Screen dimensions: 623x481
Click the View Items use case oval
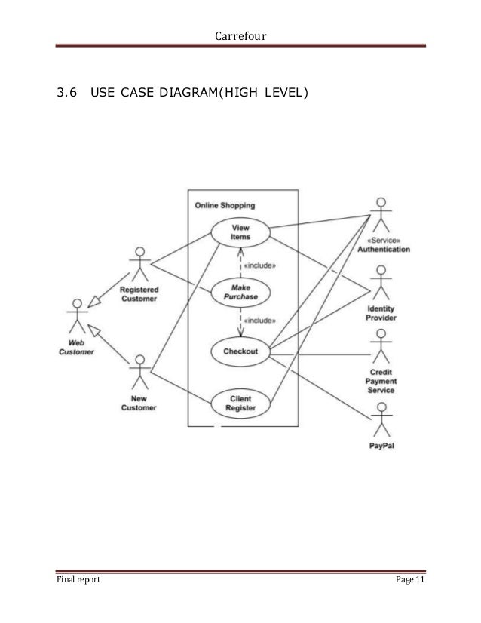pyautogui.click(x=240, y=232)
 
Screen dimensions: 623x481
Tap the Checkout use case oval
pyautogui.click(x=240, y=351)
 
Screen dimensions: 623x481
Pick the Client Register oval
pyautogui.click(x=240, y=403)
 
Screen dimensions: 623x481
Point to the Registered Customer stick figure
pyautogui.click(x=139, y=263)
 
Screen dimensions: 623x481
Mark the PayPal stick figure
pyautogui.click(x=381, y=418)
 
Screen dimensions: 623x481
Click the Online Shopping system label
pyautogui.click(x=225, y=204)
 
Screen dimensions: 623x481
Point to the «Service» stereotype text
pyautogui.click(x=383, y=239)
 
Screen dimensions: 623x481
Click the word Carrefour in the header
pyautogui.click(x=240, y=35)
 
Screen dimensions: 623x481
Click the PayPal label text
pyautogui.click(x=383, y=445)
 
